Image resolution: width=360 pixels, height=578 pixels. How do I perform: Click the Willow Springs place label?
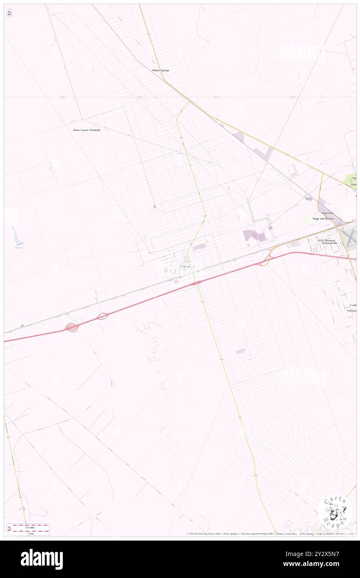pyautogui.click(x=160, y=71)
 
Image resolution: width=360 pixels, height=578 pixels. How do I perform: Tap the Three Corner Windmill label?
pyautogui.click(x=86, y=130)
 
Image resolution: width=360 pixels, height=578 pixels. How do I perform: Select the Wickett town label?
pyautogui.click(x=185, y=266)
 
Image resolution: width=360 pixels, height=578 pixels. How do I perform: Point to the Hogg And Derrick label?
pyautogui.click(x=323, y=219)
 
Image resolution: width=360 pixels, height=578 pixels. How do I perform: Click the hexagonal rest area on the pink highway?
pyautogui.click(x=72, y=327)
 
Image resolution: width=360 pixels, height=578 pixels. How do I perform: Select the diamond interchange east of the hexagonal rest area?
pyautogui.click(x=103, y=316)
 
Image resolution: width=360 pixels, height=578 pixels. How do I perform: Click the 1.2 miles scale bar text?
pyautogui.click(x=29, y=528)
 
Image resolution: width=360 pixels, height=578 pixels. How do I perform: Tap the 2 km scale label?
pyautogui.click(x=29, y=534)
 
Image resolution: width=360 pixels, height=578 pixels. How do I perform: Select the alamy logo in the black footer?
pyautogui.click(x=42, y=559)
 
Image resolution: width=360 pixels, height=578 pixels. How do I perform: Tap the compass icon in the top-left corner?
pyautogui.click(x=9, y=13)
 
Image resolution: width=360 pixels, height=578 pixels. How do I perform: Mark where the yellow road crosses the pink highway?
pyautogui.click(x=198, y=284)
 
